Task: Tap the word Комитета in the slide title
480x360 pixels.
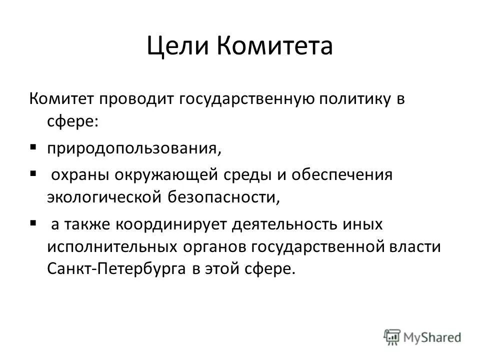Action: pyautogui.click(x=275, y=46)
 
